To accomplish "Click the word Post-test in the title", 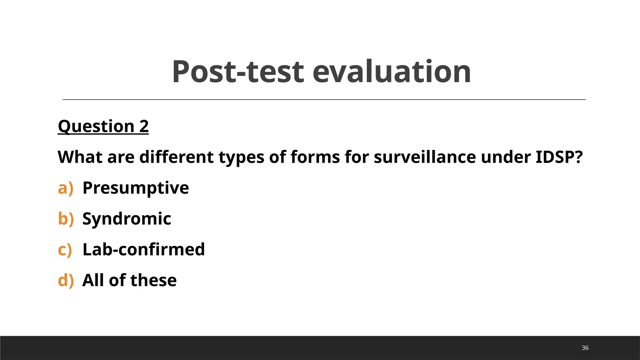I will pyautogui.click(x=238, y=72).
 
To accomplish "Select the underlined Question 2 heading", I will pyautogui.click(x=103, y=126).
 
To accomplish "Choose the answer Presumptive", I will pyautogui.click(x=136, y=188).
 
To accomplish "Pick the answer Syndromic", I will pyautogui.click(x=127, y=218).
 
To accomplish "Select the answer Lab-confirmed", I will pyautogui.click(x=143, y=249).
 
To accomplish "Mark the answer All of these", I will pyautogui.click(x=129, y=280).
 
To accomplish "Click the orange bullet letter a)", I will pyautogui.click(x=66, y=188).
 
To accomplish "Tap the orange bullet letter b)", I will pyautogui.click(x=66, y=218).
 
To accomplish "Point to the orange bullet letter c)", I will pyautogui.click(x=65, y=249).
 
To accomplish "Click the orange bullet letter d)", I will pyautogui.click(x=66, y=280).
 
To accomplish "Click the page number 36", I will pyautogui.click(x=585, y=348).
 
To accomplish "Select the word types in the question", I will pyautogui.click(x=241, y=157).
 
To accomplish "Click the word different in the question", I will pyautogui.click(x=177, y=157).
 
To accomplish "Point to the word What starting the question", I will pyautogui.click(x=80, y=157).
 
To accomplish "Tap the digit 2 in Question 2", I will pyautogui.click(x=144, y=126).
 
